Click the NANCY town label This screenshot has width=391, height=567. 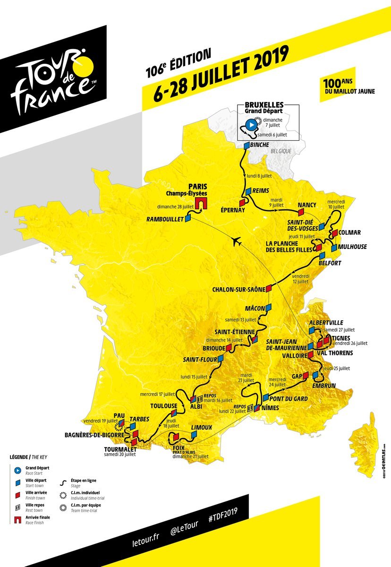click(306, 205)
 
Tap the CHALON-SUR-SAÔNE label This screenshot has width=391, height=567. click(238, 289)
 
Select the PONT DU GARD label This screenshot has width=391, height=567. click(289, 399)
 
